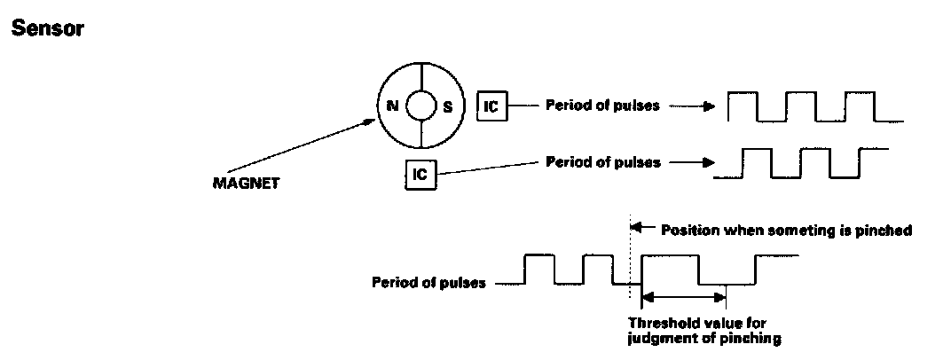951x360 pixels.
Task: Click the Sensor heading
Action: coord(46,28)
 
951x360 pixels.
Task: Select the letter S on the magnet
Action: coord(448,106)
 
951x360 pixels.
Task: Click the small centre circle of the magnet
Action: coord(420,106)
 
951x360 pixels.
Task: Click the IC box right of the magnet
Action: coord(491,106)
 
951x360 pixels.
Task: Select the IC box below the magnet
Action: coord(420,173)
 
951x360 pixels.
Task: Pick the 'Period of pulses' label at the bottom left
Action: coord(428,284)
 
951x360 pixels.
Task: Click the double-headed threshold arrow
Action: coord(683,297)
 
